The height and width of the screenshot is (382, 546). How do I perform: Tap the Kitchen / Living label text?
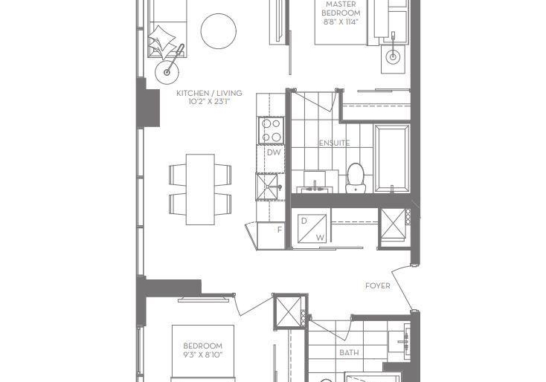pos(209,93)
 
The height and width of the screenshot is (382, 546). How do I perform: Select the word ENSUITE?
pos(335,143)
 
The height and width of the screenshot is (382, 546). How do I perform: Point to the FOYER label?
pos(377,286)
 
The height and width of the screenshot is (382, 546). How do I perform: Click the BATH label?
pos(349,353)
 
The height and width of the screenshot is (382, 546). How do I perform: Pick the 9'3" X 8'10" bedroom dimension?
pos(202,355)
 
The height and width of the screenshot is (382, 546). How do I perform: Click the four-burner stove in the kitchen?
pos(272,131)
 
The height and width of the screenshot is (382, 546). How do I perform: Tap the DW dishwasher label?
pos(274,152)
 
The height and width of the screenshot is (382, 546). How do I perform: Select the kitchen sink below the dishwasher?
pos(268,187)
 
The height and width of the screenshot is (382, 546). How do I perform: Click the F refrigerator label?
pos(279,230)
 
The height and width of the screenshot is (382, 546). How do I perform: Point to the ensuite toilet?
pos(355,178)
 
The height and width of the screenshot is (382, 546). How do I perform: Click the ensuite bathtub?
pos(392,158)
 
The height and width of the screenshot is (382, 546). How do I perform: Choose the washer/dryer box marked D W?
pos(312,228)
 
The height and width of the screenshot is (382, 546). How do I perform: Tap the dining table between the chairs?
pos(200,190)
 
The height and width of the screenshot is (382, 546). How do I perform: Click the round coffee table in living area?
pos(219,31)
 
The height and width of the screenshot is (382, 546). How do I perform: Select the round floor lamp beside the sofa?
pos(167,72)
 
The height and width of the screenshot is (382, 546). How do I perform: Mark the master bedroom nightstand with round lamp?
pos(393,58)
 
